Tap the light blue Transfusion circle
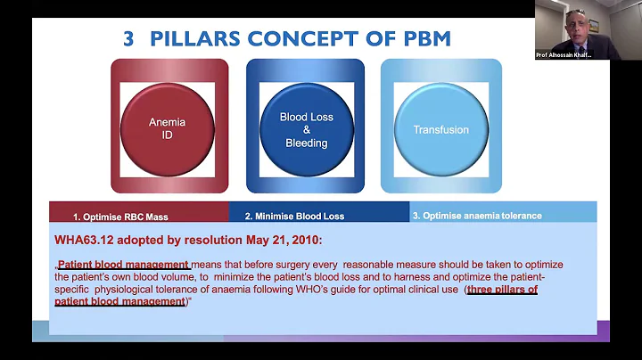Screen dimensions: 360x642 coord(440,129)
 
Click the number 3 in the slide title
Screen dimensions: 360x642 coord(129,38)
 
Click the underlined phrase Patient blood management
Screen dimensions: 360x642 coord(123,265)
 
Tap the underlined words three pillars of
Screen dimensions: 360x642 coord(503,290)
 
